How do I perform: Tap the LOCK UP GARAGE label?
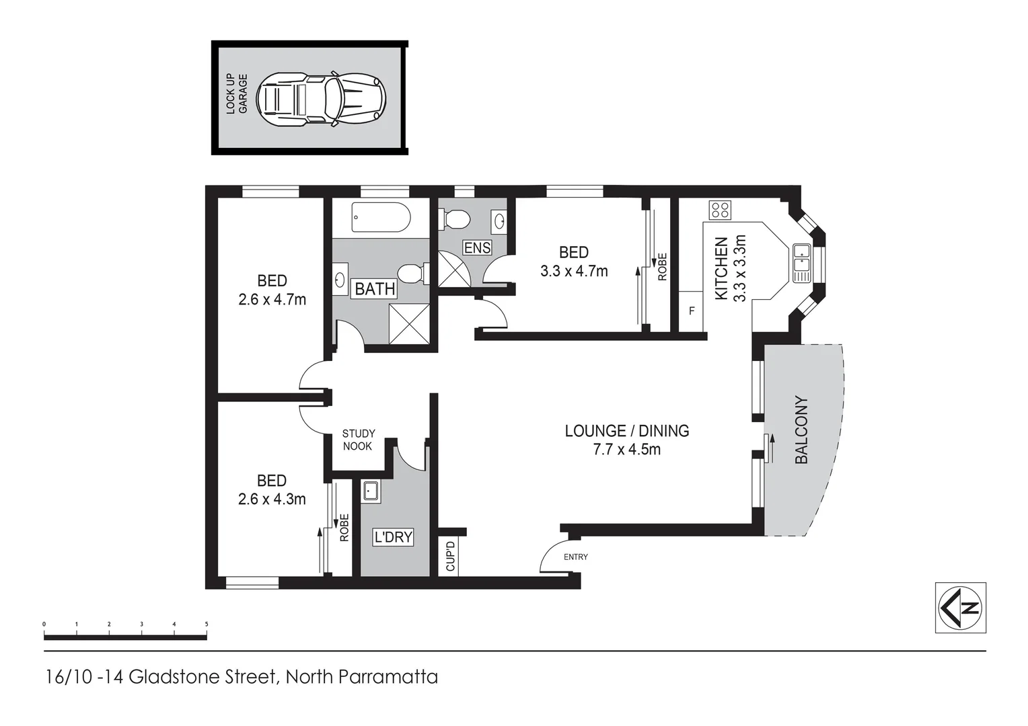point(236,94)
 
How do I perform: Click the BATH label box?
point(375,289)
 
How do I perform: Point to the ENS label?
point(477,247)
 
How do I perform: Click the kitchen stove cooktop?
point(719,210)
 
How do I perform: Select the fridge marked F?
point(691,311)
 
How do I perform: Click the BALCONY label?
point(801,430)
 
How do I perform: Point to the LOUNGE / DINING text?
point(626,431)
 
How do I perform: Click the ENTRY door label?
point(575,557)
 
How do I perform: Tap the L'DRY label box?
point(393,537)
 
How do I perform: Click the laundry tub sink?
point(371,491)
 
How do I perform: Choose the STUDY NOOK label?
point(358,440)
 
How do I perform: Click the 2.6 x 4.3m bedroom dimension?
point(272,499)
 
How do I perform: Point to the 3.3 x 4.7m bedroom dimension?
point(574,271)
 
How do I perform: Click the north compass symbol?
point(960,608)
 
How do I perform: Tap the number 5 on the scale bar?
point(207,624)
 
